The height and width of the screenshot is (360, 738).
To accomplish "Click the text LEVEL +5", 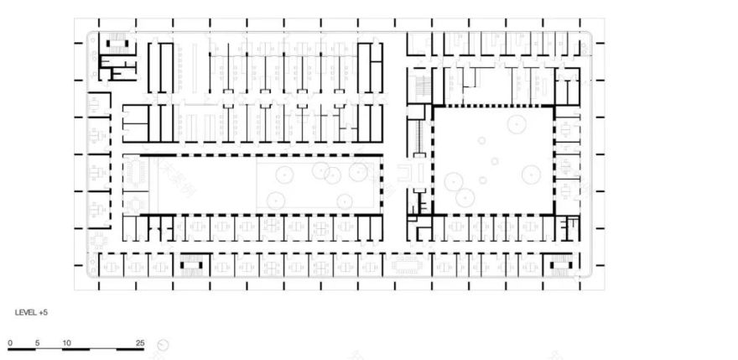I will pos(31,312).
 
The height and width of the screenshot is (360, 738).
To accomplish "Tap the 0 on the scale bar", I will pos(11,343).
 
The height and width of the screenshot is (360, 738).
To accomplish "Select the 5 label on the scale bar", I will pos(37,343).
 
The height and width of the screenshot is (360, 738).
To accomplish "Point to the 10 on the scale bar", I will pos(65,343).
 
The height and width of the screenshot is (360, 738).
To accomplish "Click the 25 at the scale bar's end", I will pos(140,343).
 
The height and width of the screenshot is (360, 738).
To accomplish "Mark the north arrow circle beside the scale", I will pos(163,344).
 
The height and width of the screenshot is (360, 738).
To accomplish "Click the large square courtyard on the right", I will pos(493,159).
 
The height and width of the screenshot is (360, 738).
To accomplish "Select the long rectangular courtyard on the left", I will pos(260,185).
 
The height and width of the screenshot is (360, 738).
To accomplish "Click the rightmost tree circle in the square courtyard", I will pos(530,175).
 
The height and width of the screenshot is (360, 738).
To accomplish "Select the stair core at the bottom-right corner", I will pos(557,266).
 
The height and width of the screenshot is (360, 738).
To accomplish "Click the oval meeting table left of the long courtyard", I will pos(134,173).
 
